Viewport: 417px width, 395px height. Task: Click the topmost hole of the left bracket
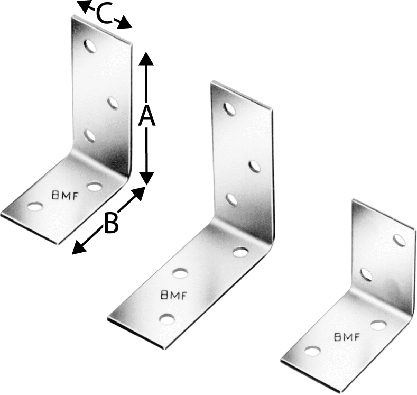[91, 47]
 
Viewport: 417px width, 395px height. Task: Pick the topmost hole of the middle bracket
[229, 109]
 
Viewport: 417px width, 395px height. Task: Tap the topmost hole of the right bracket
[400, 241]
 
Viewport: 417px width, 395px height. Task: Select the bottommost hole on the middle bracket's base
[167, 319]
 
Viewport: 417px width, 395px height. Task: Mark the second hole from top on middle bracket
[255, 167]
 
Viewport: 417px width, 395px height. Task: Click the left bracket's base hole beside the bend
[94, 186]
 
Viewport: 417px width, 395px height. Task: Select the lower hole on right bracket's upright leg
[366, 274]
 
